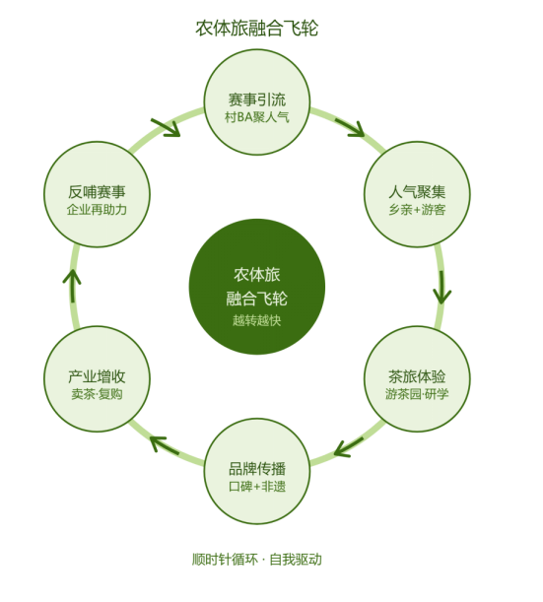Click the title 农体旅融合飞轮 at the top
(256, 28)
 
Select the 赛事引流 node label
(257, 100)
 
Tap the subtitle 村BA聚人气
(257, 117)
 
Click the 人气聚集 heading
(417, 191)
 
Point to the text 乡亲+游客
(417, 210)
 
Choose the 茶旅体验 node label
(417, 376)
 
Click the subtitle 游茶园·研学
(417, 394)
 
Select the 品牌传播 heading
(257, 469)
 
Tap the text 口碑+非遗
(257, 487)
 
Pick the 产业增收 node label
(97, 376)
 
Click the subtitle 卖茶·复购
(97, 394)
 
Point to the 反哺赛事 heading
(97, 191)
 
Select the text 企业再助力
(97, 210)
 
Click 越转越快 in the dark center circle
(257, 320)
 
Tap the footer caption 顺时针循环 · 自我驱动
(257, 560)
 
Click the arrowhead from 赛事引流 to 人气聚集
(355, 129)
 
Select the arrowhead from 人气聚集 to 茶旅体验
(442, 297)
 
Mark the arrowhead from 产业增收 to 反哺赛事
(72, 277)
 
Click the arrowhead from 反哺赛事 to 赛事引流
(170, 129)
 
